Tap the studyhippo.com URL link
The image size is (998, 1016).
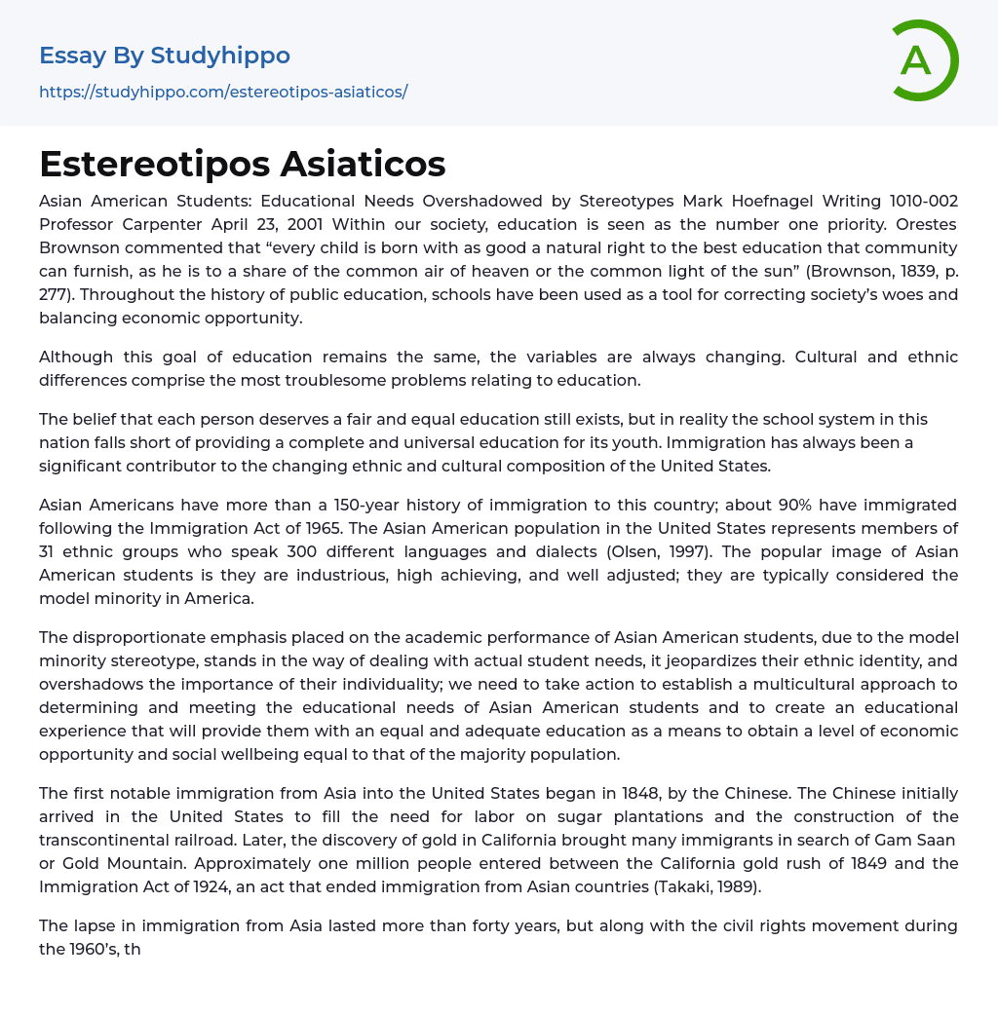coord(223,92)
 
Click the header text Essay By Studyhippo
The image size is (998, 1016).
coord(165,56)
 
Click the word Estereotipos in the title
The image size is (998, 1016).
coord(154,164)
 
